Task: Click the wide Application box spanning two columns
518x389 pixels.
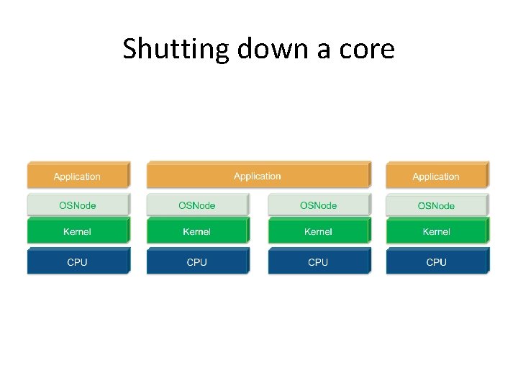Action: click(258, 176)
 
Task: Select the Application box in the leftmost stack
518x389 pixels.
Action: click(78, 176)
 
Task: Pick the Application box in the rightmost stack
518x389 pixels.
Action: click(436, 176)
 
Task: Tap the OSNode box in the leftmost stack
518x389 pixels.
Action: click(78, 205)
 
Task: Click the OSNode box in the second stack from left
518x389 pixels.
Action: click(197, 205)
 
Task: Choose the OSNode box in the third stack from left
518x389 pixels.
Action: click(318, 205)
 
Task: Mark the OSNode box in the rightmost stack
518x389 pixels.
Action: click(436, 206)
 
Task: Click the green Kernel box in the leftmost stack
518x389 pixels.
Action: click(78, 231)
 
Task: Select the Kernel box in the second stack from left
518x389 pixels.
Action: click(197, 231)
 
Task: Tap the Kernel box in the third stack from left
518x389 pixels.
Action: click(318, 231)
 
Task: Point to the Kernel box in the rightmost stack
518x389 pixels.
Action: click(436, 231)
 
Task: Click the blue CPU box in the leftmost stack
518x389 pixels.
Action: click(78, 262)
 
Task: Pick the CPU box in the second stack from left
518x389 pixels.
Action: click(197, 262)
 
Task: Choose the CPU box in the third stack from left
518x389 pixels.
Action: click(318, 262)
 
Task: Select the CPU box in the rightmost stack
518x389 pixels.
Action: click(436, 262)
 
